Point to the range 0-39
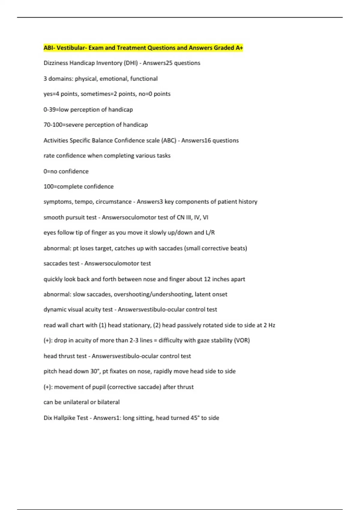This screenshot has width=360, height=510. (50, 109)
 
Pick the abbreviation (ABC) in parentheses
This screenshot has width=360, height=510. (169, 140)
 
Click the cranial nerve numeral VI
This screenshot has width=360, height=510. (205, 217)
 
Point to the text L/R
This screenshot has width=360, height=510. (210, 232)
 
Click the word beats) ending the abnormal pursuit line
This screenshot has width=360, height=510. (238, 248)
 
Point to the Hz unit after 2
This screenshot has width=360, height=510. (271, 325)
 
